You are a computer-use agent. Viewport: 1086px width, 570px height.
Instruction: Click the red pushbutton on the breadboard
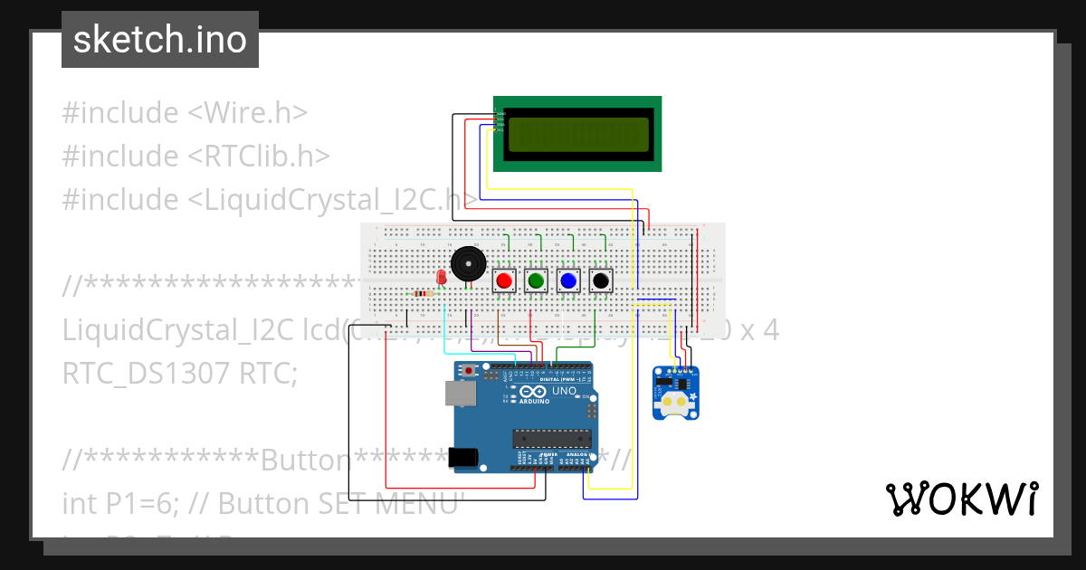click(x=504, y=281)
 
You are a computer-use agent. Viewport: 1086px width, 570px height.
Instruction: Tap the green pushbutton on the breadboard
click(x=536, y=281)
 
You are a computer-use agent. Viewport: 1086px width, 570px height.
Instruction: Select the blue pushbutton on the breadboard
click(x=568, y=281)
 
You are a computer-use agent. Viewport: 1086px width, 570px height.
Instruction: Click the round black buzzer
click(x=468, y=264)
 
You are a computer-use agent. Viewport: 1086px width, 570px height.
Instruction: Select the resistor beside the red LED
click(x=422, y=293)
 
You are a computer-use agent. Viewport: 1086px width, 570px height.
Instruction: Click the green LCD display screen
click(x=578, y=134)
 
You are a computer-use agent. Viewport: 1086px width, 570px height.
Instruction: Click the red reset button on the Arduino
click(x=469, y=371)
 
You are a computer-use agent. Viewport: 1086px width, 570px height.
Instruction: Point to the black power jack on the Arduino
click(x=464, y=458)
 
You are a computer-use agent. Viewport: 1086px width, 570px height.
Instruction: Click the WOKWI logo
click(x=961, y=499)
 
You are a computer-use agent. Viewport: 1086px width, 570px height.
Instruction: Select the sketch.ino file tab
click(x=160, y=40)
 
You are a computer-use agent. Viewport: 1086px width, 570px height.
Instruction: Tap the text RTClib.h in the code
click(x=259, y=157)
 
